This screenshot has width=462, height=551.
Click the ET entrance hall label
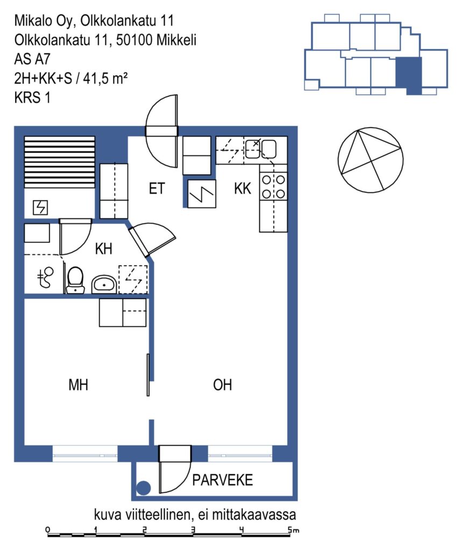point(157,189)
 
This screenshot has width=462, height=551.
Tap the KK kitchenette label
point(243,189)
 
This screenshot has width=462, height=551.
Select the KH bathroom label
point(104,249)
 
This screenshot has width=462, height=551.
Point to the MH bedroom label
point(79,385)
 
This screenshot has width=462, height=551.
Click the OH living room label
point(222,385)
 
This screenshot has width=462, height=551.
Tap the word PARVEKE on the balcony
point(222,480)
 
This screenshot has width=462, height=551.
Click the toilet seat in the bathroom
point(75,280)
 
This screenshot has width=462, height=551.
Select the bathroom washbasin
point(104,284)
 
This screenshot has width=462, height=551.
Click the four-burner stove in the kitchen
point(273,187)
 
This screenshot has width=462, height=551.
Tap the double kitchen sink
point(260,149)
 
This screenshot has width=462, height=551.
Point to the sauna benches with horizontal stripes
point(59,162)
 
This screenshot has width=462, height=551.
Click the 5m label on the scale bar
point(294,530)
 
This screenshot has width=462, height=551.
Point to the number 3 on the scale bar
point(193,530)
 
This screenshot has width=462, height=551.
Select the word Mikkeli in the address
point(176,40)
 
